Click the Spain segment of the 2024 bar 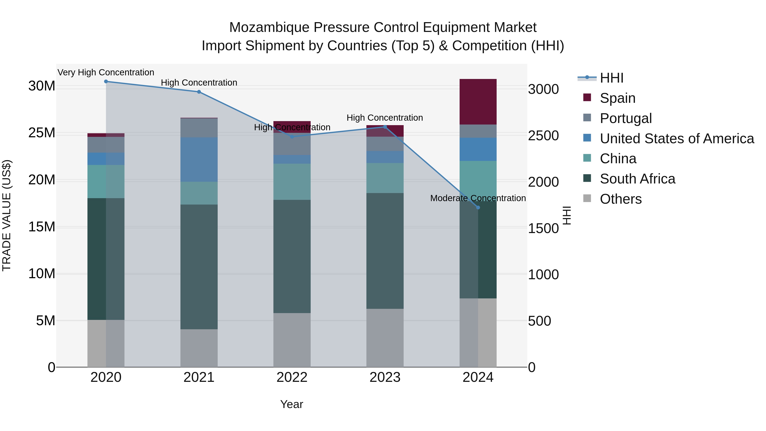[478, 102]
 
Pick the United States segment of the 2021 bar [199, 159]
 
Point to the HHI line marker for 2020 [106, 82]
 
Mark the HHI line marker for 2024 [478, 208]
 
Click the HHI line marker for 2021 [199, 92]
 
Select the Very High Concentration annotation [106, 73]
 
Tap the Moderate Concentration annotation [478, 198]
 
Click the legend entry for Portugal [626, 118]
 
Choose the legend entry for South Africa [637, 179]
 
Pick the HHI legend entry [611, 78]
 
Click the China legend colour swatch [587, 158]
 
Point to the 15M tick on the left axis [42, 227]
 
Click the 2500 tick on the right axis [543, 136]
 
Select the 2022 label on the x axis [292, 377]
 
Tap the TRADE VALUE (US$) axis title [7, 215]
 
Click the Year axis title [292, 404]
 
